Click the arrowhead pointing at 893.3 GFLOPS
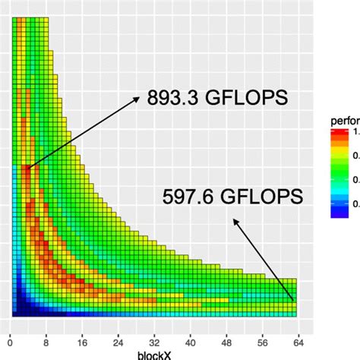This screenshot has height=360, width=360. [x=138, y=97]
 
